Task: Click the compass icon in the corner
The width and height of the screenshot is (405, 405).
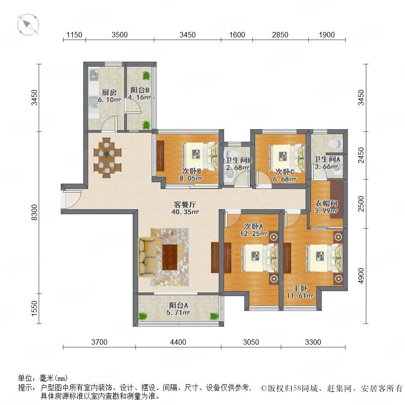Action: click(28, 25)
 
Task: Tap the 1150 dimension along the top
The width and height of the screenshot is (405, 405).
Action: click(74, 35)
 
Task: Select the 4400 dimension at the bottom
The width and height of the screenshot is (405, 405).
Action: click(178, 342)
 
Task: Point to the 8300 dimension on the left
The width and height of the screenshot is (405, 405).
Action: click(34, 212)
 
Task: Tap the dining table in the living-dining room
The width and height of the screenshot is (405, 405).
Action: click(107, 158)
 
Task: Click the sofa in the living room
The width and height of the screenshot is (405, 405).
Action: click(147, 257)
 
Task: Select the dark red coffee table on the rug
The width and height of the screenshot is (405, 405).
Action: click(170, 257)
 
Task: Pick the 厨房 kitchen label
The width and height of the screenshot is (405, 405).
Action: click(109, 92)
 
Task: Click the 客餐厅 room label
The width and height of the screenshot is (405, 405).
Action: click(185, 205)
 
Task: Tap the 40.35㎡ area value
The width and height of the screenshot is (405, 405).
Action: click(185, 212)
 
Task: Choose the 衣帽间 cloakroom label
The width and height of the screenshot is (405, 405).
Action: click(326, 203)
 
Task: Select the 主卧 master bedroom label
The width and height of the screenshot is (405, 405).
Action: click(300, 288)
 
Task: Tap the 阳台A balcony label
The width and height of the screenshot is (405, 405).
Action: click(179, 305)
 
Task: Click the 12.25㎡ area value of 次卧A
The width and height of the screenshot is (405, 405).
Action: click(253, 234)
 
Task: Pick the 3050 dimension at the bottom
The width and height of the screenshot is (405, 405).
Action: click(251, 342)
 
